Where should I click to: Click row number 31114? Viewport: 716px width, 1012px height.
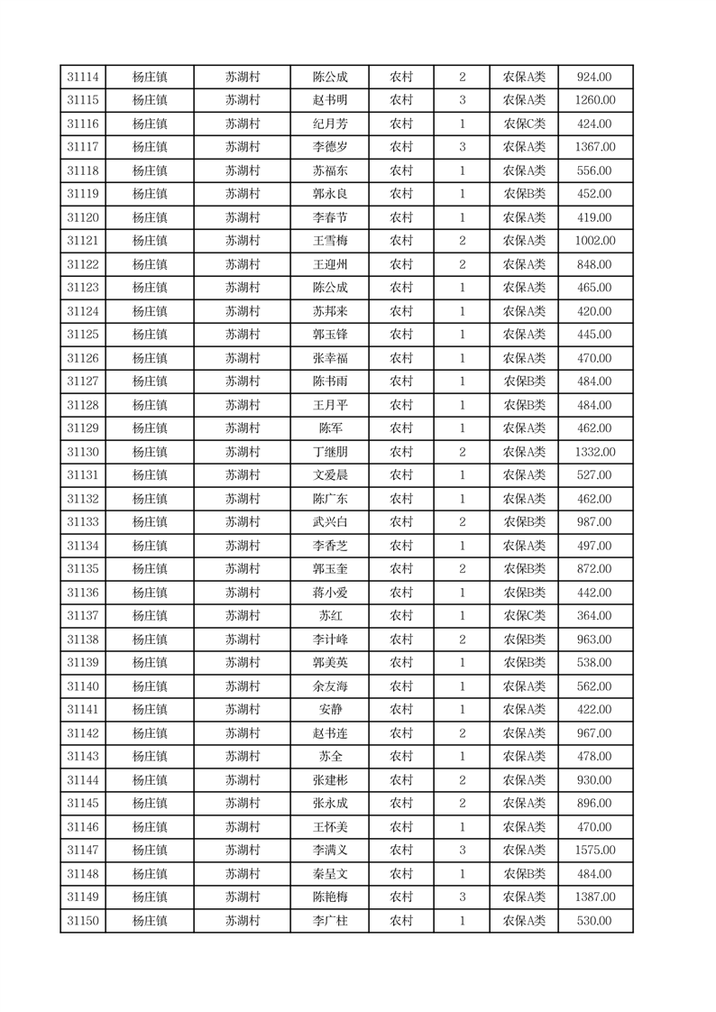click(x=83, y=78)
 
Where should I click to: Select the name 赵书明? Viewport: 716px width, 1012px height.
click(x=329, y=101)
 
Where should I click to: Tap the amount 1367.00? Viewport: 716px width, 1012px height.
click(x=595, y=148)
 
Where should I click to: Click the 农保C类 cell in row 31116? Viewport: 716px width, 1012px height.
click(x=524, y=124)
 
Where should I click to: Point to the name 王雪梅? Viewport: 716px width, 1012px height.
click(x=329, y=241)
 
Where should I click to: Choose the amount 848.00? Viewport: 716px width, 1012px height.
click(x=595, y=264)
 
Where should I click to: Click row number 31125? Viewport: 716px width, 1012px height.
click(x=83, y=335)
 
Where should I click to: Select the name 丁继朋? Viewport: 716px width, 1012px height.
click(x=329, y=452)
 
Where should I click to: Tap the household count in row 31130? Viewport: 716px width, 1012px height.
click(x=462, y=452)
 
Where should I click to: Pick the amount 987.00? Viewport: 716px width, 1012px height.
click(x=595, y=522)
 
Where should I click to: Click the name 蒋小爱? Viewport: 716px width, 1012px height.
click(x=329, y=593)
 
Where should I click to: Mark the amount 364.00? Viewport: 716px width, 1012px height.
click(x=595, y=616)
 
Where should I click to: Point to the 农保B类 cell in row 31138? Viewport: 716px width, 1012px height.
click(x=524, y=639)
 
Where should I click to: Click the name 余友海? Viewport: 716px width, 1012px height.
click(x=329, y=686)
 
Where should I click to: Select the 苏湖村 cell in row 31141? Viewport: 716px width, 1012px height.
click(x=242, y=710)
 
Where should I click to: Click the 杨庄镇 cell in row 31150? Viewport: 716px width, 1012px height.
click(x=150, y=921)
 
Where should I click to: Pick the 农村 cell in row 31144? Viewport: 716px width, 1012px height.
click(x=400, y=780)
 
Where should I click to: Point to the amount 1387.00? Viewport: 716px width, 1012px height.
click(x=595, y=897)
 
